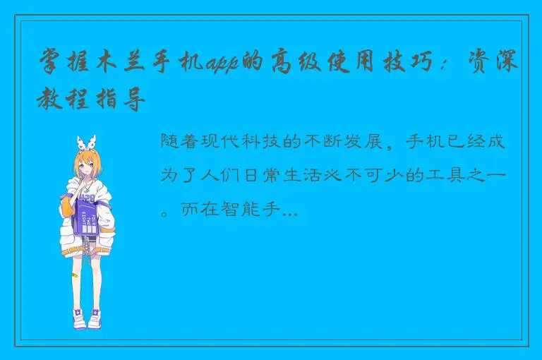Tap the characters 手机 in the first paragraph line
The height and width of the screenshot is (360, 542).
pos(435,142)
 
